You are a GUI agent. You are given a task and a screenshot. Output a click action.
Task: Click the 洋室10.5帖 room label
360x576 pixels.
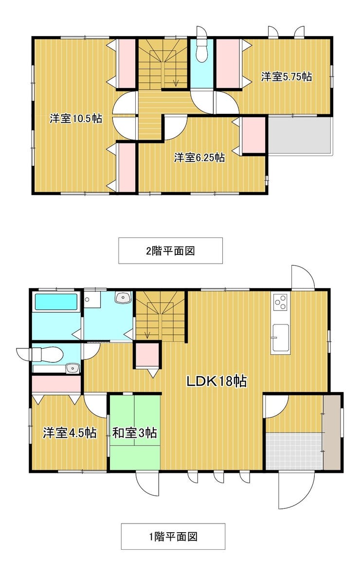tap(76, 119)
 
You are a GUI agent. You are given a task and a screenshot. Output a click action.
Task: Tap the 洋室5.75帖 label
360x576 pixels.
tap(287, 77)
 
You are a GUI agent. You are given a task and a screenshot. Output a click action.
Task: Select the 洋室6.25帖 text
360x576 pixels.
tap(199, 158)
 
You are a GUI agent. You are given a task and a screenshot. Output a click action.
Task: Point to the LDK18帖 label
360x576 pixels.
tap(216, 381)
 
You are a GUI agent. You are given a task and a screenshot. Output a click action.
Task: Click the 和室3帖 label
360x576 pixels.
tap(135, 433)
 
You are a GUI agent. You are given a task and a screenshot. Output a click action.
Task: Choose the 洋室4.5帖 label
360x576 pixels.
tap(70, 433)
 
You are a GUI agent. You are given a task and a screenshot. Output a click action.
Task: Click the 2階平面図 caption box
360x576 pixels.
tap(170, 251)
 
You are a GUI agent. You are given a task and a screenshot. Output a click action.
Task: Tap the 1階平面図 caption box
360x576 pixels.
tap(173, 536)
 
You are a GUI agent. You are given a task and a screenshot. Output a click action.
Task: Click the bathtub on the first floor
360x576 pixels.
tap(56, 302)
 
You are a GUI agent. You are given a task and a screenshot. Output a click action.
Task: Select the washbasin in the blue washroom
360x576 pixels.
tap(124, 297)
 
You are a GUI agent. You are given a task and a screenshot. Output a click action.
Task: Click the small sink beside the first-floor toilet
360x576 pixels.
tap(73, 368)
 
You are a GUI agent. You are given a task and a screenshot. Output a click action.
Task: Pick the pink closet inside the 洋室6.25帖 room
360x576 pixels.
tap(253, 135)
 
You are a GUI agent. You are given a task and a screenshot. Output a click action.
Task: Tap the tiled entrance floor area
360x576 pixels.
tap(295, 451)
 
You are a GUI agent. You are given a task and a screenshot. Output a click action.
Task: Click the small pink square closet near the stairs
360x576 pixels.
tap(146, 355)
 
